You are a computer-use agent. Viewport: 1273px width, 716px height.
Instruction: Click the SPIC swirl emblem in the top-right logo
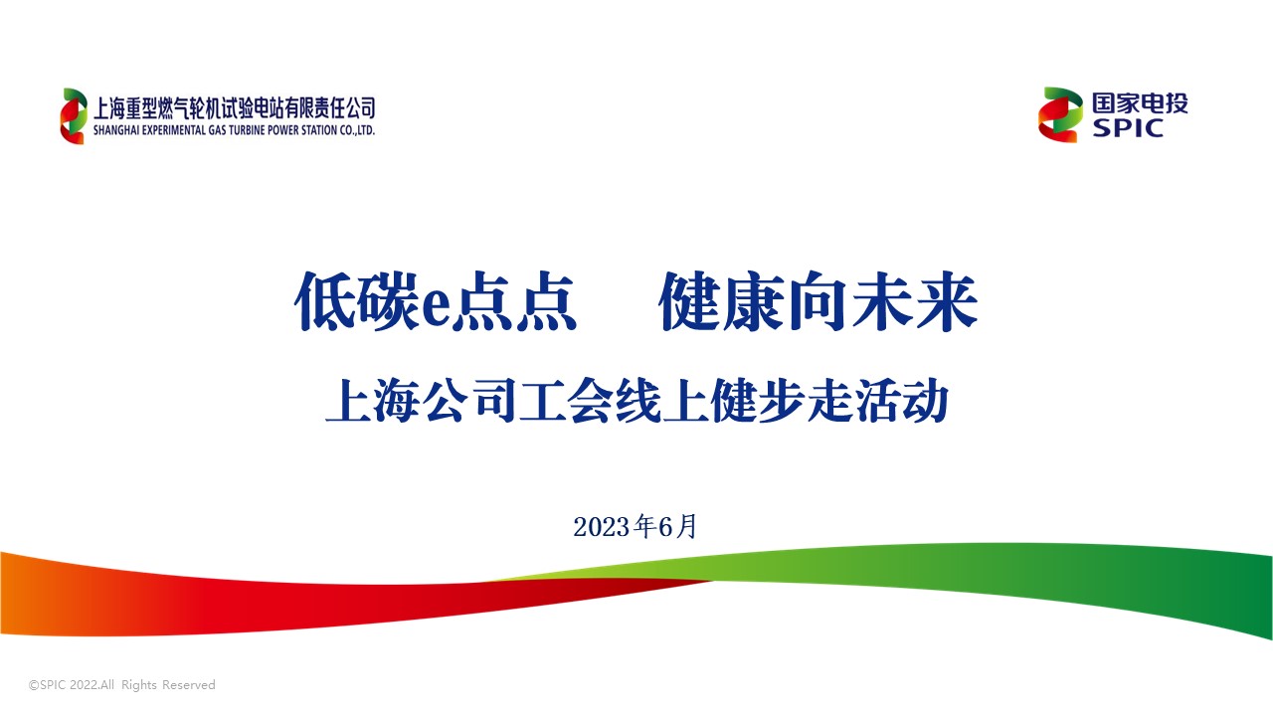pos(1060,114)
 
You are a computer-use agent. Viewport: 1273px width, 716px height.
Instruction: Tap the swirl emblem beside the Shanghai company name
pos(74,116)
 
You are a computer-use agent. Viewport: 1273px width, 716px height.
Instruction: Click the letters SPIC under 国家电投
pos(1128,128)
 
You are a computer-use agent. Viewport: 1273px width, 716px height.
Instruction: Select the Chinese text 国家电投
pos(1140,103)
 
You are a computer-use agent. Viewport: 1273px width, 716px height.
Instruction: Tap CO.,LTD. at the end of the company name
pos(357,130)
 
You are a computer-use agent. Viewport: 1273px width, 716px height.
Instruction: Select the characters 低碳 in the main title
pos(357,301)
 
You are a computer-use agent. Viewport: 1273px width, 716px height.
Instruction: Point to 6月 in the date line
pos(677,526)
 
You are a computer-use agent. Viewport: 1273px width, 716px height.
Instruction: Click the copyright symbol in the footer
pos(34,685)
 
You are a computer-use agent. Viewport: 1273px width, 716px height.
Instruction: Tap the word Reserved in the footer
pos(189,685)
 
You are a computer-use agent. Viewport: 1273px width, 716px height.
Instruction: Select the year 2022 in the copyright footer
pos(85,685)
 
